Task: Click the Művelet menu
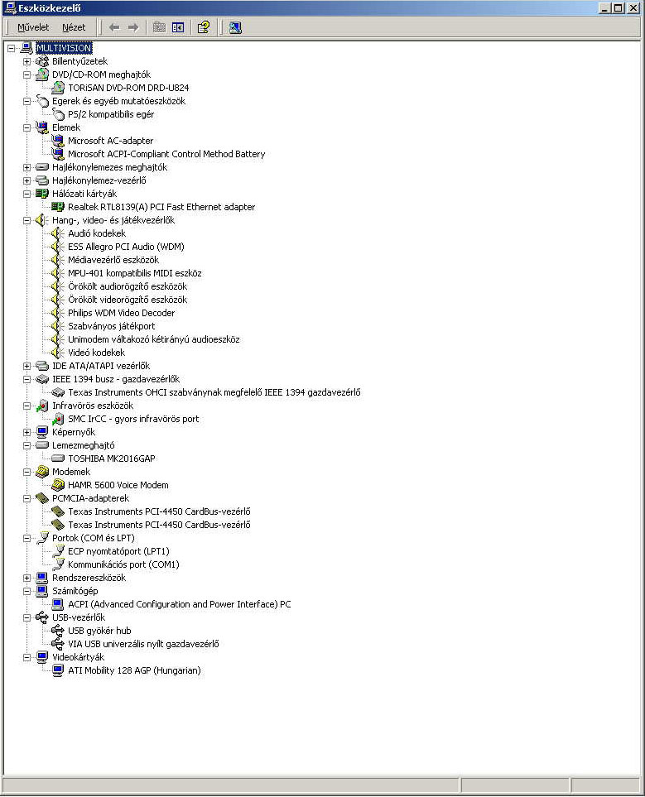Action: click(x=33, y=27)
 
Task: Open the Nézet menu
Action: click(x=74, y=27)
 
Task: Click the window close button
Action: click(x=633, y=8)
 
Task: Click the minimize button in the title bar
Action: click(x=604, y=8)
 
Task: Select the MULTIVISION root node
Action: click(x=64, y=48)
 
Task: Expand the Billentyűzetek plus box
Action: click(x=27, y=61)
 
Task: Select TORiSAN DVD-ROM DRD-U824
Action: click(x=128, y=88)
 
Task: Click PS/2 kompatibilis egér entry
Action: click(x=111, y=114)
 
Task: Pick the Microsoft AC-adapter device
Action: click(x=110, y=141)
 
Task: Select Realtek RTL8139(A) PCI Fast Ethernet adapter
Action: click(x=161, y=207)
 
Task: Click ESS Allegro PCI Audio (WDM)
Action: click(x=126, y=247)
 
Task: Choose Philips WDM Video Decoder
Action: click(x=121, y=313)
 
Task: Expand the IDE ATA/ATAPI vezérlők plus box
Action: click(x=27, y=366)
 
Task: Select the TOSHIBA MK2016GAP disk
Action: click(x=112, y=459)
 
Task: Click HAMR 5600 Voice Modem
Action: click(x=118, y=485)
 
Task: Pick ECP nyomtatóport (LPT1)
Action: click(x=118, y=551)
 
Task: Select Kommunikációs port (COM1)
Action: click(x=123, y=564)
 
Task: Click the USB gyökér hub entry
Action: click(x=99, y=631)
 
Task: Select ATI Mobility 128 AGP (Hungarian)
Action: click(x=134, y=670)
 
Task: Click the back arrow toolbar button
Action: click(x=114, y=27)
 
